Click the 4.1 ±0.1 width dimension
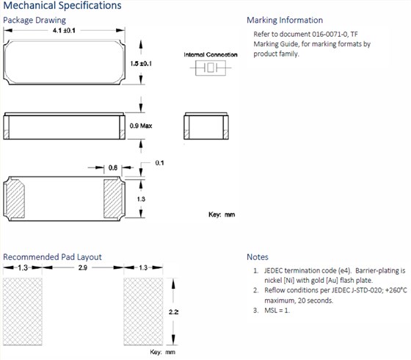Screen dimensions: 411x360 64,30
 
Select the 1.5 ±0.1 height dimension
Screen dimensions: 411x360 141,63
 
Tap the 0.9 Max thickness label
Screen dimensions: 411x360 141,126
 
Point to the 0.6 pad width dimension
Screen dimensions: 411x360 113,168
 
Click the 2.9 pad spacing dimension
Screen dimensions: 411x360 83,267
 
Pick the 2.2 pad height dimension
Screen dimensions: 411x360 173,312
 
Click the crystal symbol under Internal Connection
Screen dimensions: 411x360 211,68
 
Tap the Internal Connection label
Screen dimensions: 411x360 211,54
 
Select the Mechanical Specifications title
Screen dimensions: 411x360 62,6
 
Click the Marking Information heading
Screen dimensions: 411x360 285,21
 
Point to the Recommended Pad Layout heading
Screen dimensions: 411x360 52,257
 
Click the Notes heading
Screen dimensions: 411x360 258,257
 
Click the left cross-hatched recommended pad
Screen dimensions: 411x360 23,312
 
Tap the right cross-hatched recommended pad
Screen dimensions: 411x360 143,312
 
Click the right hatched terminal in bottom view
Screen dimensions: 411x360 113,198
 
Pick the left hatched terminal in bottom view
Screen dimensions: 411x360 15,198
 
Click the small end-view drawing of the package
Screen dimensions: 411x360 206,126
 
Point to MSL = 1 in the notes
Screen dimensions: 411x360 277,310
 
